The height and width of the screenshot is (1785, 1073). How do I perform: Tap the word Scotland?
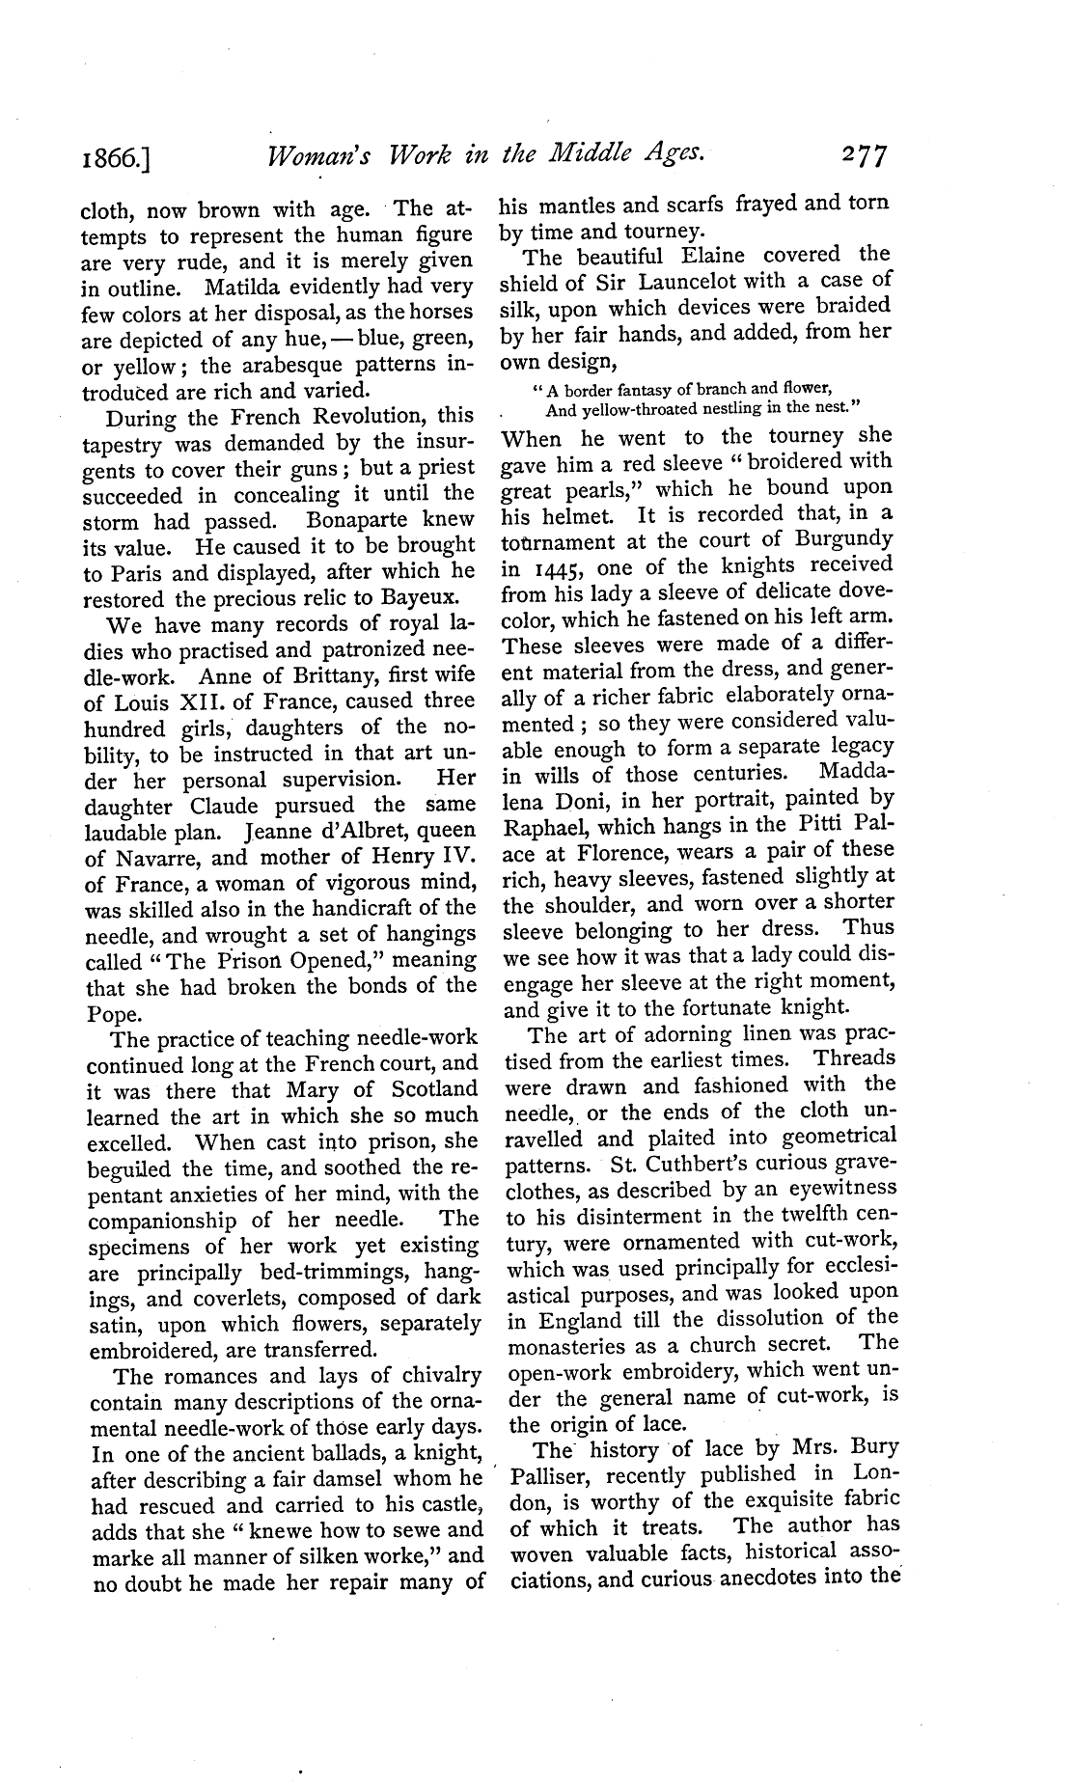tap(430, 1089)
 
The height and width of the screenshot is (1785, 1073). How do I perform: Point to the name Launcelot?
tap(655, 282)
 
